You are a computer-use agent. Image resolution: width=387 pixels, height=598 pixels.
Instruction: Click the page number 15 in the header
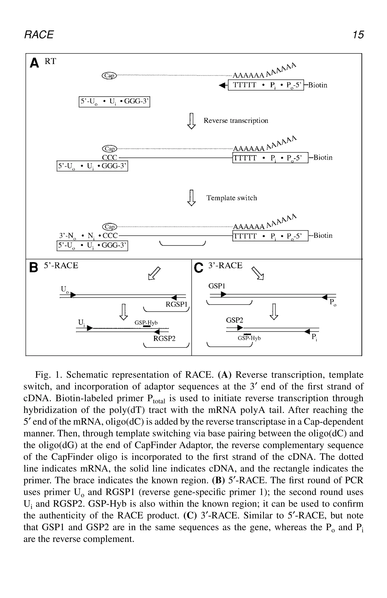coord(358,34)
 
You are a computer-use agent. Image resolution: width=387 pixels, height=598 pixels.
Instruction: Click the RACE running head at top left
coord(39,34)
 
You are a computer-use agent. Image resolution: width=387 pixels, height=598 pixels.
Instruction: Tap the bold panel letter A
coord(34,63)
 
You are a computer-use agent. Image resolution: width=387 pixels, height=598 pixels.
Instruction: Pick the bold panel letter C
coord(198,268)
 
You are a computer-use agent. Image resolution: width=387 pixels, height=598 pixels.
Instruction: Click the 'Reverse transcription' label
coord(236,121)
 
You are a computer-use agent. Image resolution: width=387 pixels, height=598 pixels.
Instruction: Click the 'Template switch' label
coord(231,198)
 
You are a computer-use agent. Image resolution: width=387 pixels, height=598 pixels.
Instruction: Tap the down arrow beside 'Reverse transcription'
coord(192,121)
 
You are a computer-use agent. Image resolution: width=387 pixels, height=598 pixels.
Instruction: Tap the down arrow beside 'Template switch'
coord(192,198)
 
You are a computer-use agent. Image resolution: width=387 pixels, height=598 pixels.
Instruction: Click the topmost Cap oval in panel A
coord(109,75)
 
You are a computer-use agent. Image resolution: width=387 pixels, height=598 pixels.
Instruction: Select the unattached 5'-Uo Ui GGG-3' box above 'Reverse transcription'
coord(114,102)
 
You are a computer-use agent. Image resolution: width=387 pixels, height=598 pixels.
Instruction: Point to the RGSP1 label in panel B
coord(176,304)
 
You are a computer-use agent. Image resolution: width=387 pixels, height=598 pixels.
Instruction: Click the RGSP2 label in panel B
coord(164,339)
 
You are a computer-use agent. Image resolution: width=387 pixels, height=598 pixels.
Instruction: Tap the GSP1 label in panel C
coord(217,286)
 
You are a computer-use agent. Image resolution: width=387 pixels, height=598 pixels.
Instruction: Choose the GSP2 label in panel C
coord(235,320)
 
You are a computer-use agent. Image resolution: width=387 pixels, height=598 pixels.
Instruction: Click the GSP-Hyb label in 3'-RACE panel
coord(249,338)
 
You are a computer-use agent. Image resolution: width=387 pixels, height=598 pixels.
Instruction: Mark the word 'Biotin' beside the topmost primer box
coord(318,85)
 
